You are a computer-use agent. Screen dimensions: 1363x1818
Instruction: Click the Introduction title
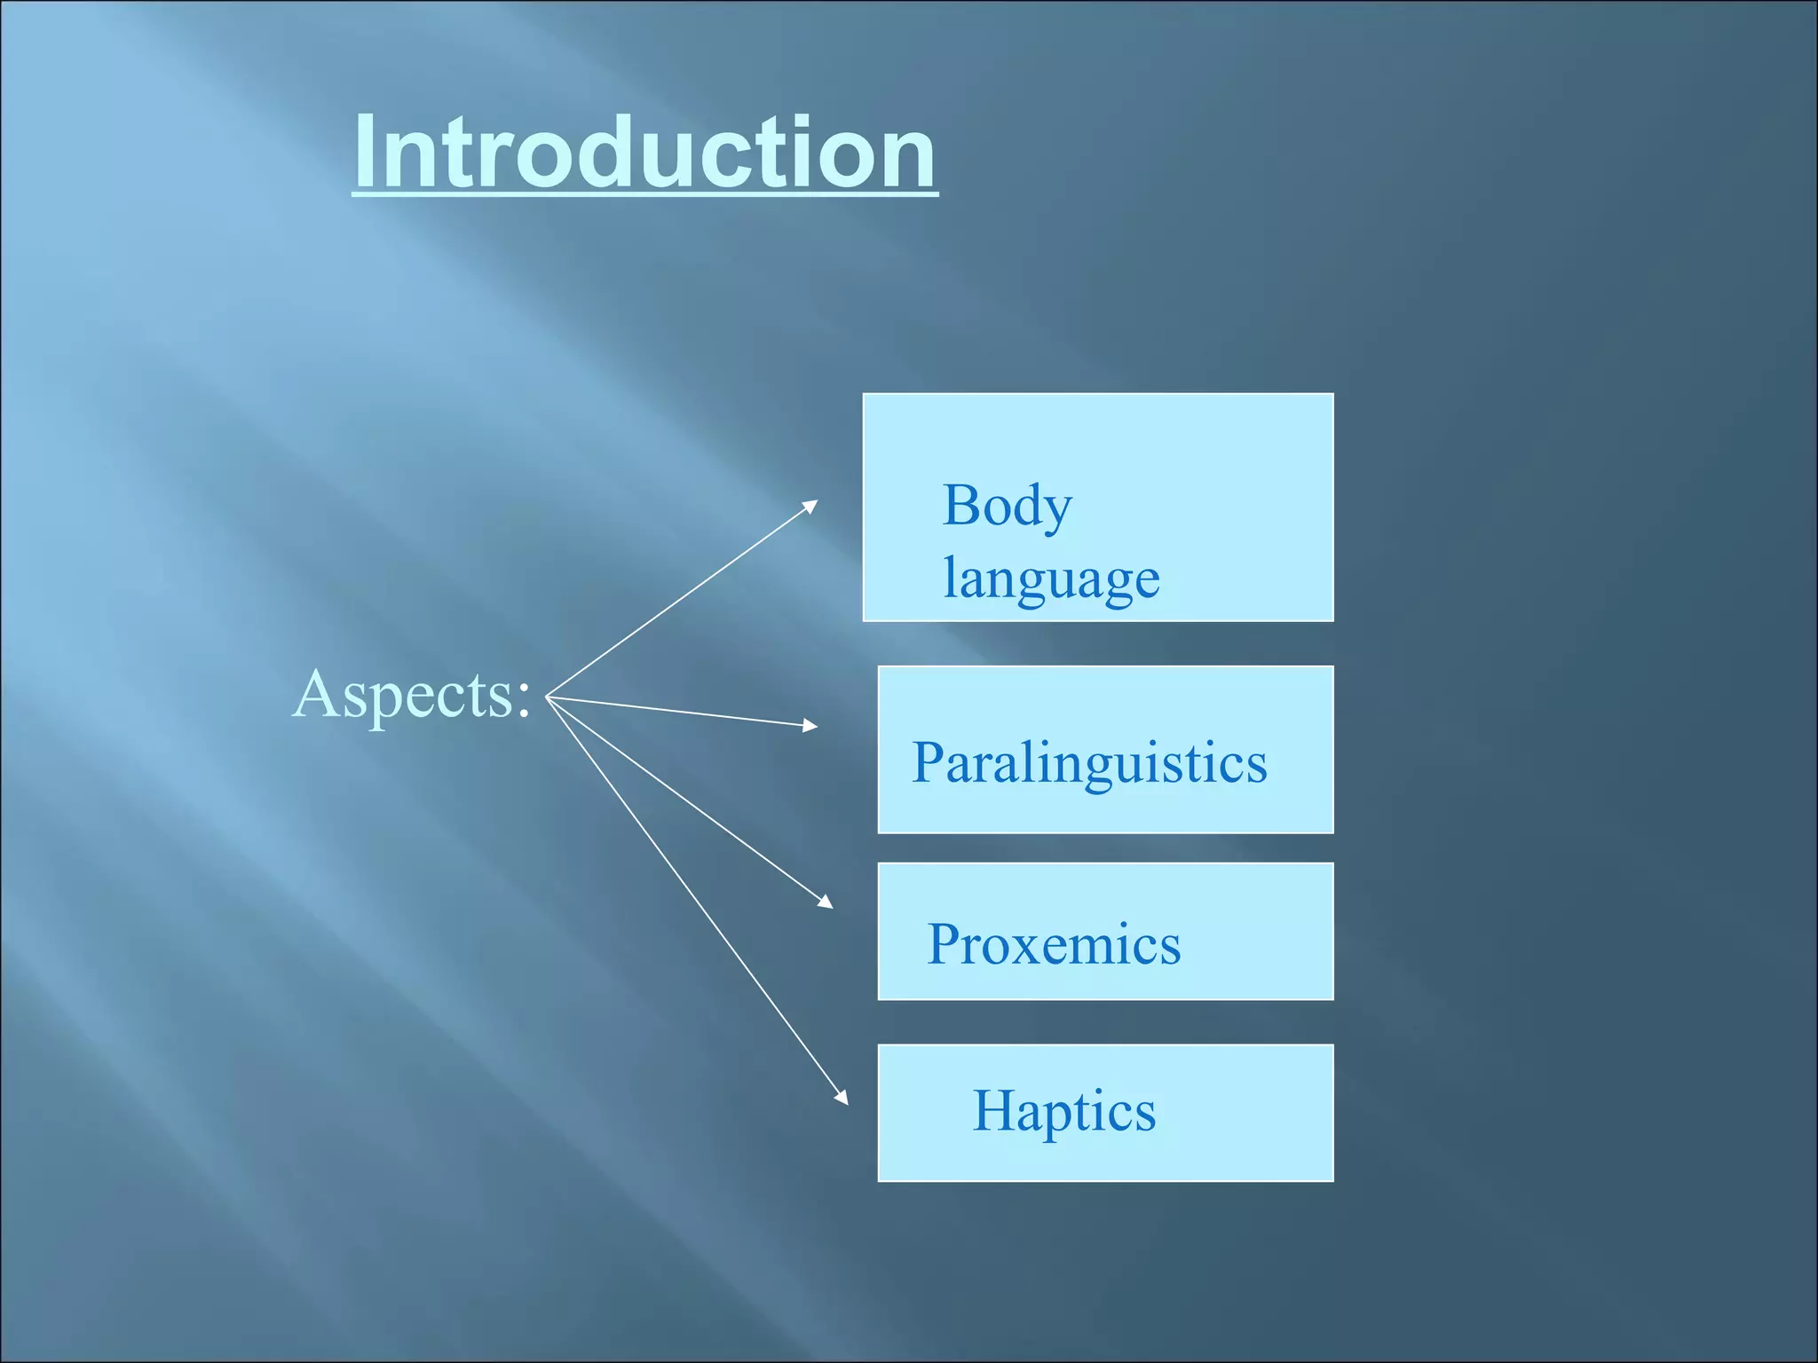click(x=644, y=153)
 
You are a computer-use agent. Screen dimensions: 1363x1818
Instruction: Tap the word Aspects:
click(x=412, y=695)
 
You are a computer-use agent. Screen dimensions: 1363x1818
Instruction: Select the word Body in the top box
click(x=1007, y=508)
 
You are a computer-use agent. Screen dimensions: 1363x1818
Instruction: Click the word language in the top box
click(x=1051, y=579)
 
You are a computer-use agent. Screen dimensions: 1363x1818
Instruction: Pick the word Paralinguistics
click(x=1089, y=763)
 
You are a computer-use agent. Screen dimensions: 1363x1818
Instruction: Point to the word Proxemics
click(x=1054, y=944)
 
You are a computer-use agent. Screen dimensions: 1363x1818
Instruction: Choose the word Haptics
click(x=1064, y=1111)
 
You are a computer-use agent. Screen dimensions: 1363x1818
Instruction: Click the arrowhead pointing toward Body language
click(x=810, y=505)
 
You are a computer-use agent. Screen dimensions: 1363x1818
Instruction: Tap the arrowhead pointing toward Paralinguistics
click(x=810, y=726)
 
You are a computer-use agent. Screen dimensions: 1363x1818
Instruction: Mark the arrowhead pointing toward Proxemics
click(x=826, y=902)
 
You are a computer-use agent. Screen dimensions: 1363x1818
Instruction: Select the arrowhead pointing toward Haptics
click(x=842, y=1098)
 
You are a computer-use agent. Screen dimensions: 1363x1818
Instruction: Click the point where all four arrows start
click(x=547, y=697)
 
